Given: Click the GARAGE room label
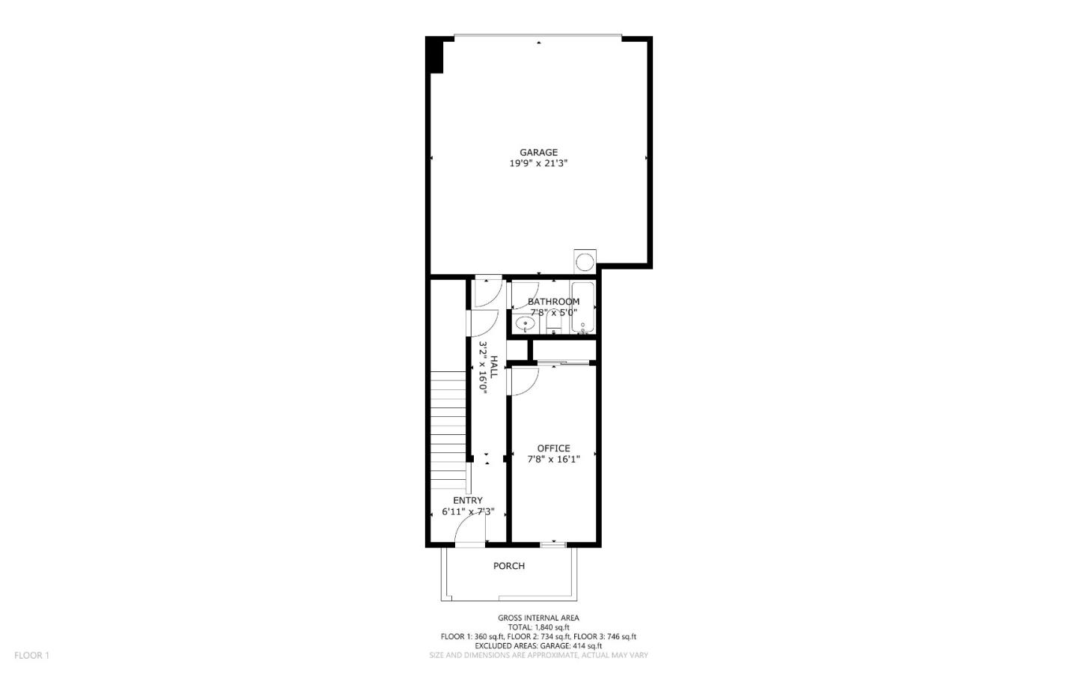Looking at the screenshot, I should coord(538,153).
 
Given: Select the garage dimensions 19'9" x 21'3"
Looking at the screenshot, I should coord(538,163).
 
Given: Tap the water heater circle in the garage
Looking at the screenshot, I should coord(584,261).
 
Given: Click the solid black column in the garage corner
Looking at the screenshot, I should coord(434,55).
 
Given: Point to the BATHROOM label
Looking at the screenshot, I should coord(553,302).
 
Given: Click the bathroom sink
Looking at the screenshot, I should coord(526,325).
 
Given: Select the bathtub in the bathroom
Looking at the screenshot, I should coord(582,308).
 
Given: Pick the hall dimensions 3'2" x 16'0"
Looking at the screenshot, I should coord(484,368).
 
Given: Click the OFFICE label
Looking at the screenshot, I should coord(553,448).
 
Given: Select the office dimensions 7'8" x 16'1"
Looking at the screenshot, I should coord(553,460).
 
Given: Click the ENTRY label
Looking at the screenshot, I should coord(467,500).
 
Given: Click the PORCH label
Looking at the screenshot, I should coord(508,566).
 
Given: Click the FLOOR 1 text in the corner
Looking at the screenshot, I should coord(31,655).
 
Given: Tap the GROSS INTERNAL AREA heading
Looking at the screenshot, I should coord(538,618).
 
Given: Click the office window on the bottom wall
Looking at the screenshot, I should coord(553,543).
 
